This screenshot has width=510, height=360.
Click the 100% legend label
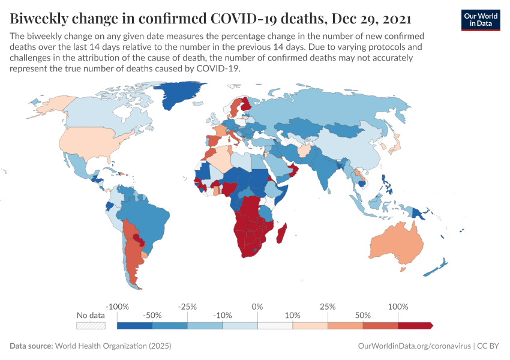click(398, 307)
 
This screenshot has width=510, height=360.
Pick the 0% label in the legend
click(257, 307)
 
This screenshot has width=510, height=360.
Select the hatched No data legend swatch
click(91, 325)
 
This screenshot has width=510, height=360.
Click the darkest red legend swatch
click(415, 325)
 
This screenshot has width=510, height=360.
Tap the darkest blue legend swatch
click(134, 325)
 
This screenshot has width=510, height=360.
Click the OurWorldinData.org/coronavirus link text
click(413, 346)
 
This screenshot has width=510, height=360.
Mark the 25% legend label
click(328, 307)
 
